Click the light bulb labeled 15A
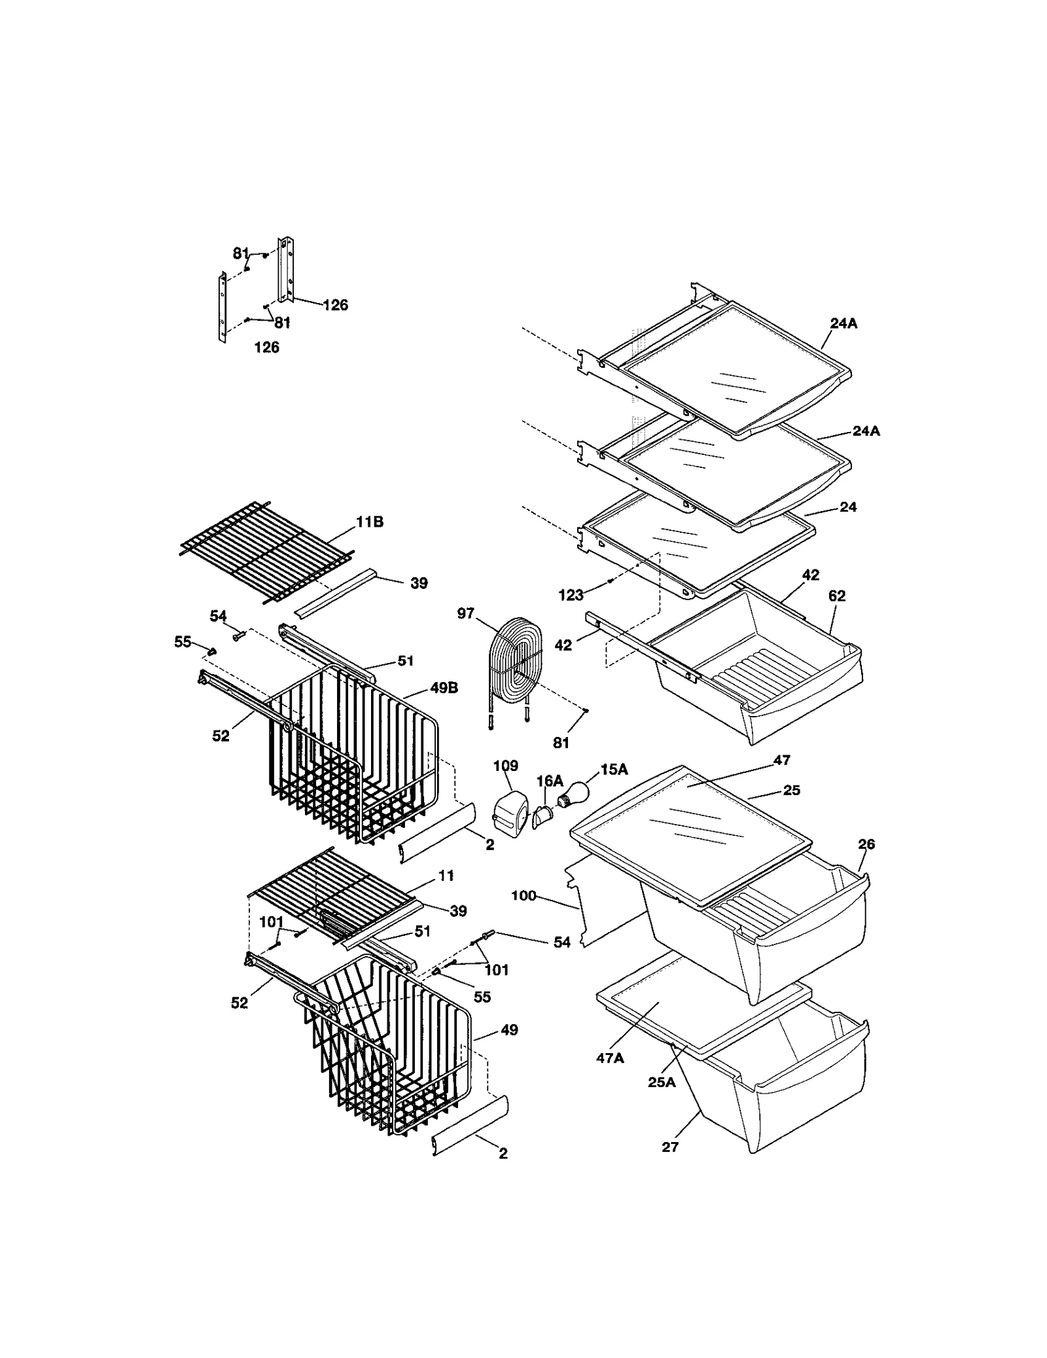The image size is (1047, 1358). pos(573,795)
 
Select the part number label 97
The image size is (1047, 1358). pos(465,614)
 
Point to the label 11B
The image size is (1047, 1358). pos(369,522)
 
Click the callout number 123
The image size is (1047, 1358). pos(571,595)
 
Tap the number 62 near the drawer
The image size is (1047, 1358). pos(836,596)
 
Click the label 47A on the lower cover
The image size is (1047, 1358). pos(610,1058)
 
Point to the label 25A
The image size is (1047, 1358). pos(662,1082)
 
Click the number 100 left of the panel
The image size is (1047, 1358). pos(523,895)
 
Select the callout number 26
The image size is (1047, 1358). pos(866,844)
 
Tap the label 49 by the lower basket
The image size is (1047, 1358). pos(508,1030)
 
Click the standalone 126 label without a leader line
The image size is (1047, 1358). pos(266,348)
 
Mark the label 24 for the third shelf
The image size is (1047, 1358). pos(848,507)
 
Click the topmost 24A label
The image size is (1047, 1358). pos(843,323)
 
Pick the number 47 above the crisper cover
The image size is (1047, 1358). pos(781,760)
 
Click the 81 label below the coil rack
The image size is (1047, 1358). pos(561,743)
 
